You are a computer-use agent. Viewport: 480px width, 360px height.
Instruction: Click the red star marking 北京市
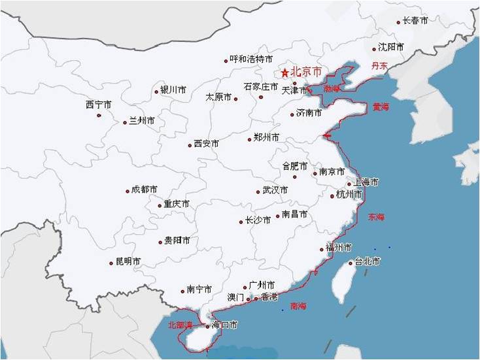pyautogui.click(x=284, y=73)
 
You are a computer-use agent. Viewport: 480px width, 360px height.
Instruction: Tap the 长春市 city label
pyautogui.click(x=415, y=21)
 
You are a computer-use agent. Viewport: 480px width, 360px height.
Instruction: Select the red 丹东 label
pyautogui.click(x=379, y=65)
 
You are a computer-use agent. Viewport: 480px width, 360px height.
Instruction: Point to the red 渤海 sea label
pyautogui.click(x=332, y=88)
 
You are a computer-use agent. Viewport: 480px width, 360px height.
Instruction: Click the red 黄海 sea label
pyautogui.click(x=381, y=106)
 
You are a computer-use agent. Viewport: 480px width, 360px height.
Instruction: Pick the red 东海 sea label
pyautogui.click(x=377, y=216)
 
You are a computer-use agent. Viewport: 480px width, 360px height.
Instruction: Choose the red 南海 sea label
pyautogui.click(x=298, y=305)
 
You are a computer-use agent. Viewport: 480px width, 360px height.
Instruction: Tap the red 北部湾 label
pyautogui.click(x=180, y=324)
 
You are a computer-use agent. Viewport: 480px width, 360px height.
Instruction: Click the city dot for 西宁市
pyautogui.click(x=99, y=116)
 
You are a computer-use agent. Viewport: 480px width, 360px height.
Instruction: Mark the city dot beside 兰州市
pyautogui.click(x=125, y=122)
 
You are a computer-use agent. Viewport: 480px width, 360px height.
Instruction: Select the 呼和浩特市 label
pyautogui.click(x=251, y=59)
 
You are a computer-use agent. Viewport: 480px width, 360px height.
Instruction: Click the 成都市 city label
pyautogui.click(x=145, y=189)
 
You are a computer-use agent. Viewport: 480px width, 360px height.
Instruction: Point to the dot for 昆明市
pyautogui.click(x=111, y=263)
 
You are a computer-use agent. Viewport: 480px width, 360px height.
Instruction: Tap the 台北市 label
pyautogui.click(x=368, y=261)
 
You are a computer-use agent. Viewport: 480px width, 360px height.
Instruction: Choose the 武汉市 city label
pyautogui.click(x=275, y=190)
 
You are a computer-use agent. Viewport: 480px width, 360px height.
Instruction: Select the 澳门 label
pyautogui.click(x=235, y=297)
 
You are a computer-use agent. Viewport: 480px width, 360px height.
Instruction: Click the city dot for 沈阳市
pyautogui.click(x=374, y=49)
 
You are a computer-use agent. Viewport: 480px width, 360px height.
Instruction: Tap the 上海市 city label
pyautogui.click(x=366, y=182)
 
